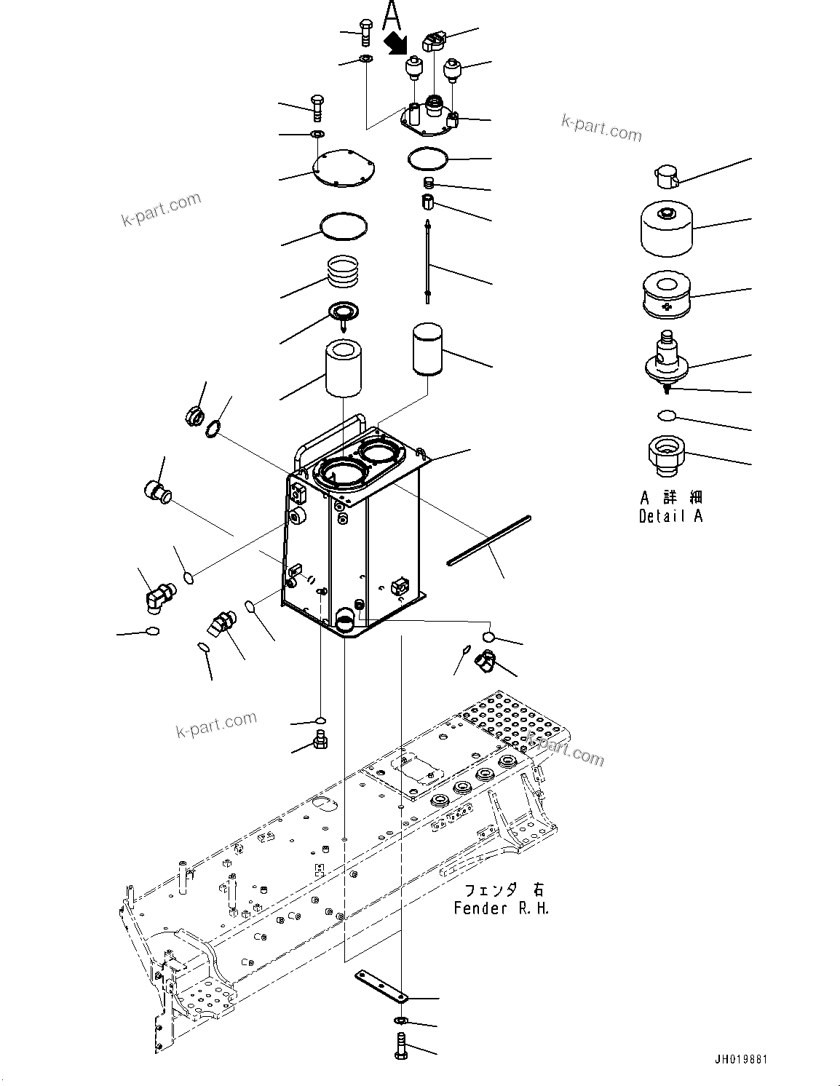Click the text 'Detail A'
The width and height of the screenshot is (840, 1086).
click(670, 516)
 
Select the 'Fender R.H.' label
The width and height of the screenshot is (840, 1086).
click(502, 908)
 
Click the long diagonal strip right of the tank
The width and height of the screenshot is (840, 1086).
click(489, 539)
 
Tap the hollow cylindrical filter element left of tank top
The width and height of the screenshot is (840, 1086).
click(344, 369)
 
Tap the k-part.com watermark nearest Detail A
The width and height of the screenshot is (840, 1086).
click(601, 129)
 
